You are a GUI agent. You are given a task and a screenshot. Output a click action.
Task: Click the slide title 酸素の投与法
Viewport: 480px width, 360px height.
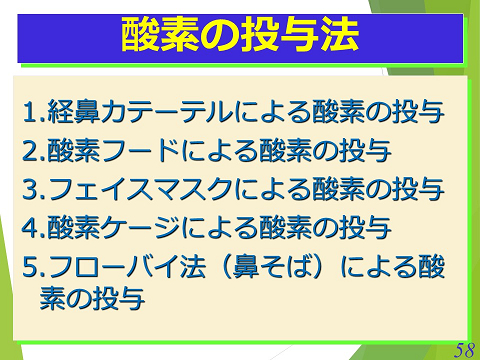point(240,37)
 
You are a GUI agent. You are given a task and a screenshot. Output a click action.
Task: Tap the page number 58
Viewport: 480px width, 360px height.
point(462,348)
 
